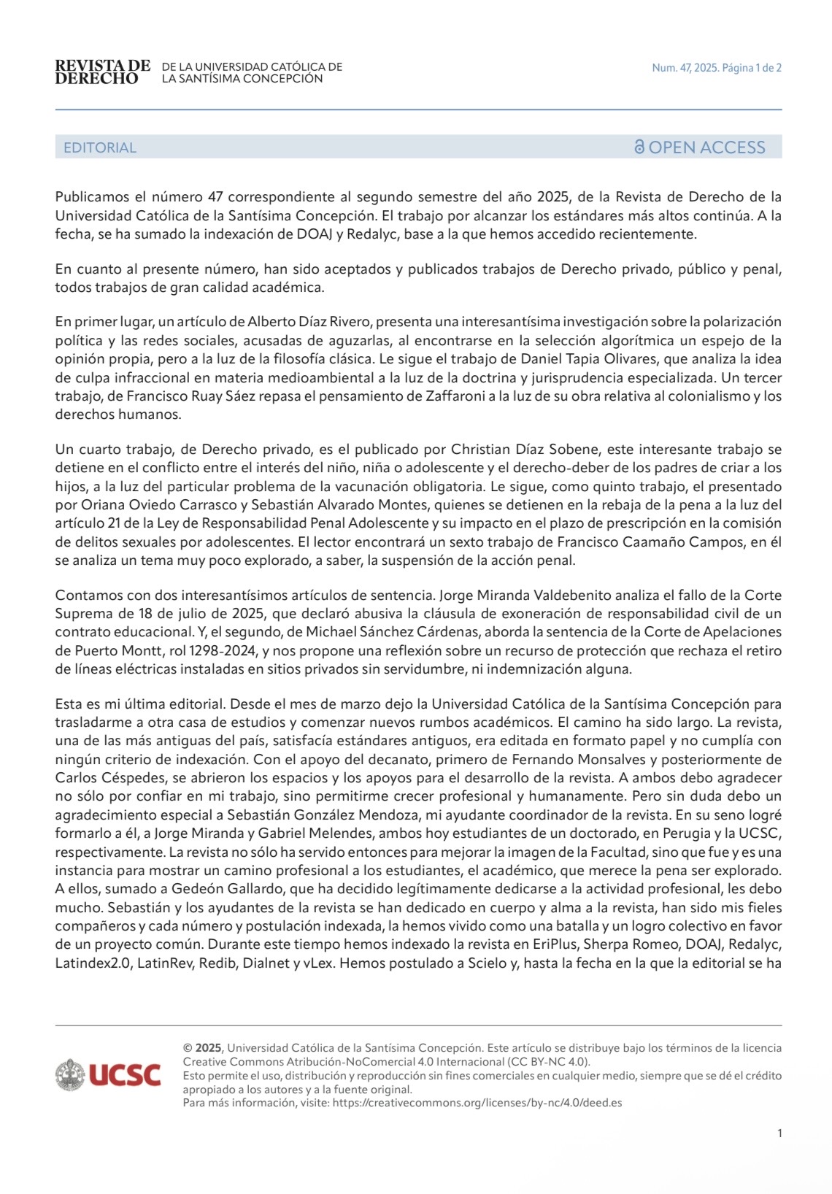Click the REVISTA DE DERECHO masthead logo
(x=102, y=72)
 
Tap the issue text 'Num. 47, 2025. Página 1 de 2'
(x=716, y=68)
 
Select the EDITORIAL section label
(x=99, y=147)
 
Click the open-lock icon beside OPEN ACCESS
(x=639, y=147)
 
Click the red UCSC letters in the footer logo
(x=125, y=1075)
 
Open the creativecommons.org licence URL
(x=477, y=1103)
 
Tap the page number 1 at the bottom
(x=779, y=1133)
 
